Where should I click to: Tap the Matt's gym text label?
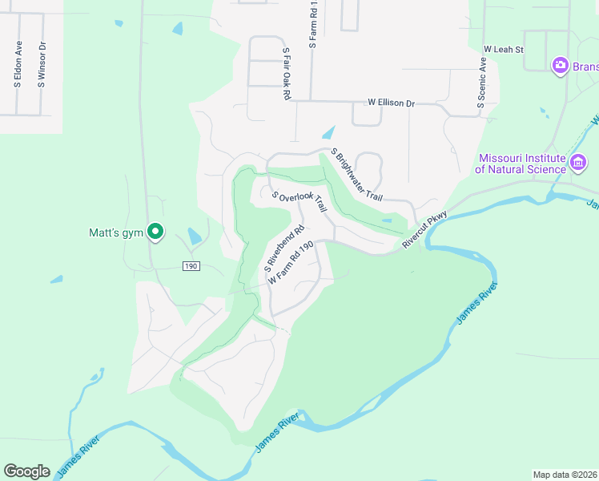pos(115,233)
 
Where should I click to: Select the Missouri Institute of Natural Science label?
pos(521,164)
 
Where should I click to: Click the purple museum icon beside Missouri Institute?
pos(578,164)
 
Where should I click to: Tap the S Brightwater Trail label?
pos(357,175)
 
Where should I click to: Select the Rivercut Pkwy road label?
pos(424,231)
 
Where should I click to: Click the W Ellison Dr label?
pos(391,103)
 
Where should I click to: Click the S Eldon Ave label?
pos(18,64)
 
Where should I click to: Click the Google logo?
pos(26,471)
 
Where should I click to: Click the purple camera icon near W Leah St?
pos(561,65)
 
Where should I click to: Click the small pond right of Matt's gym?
pos(195,236)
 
